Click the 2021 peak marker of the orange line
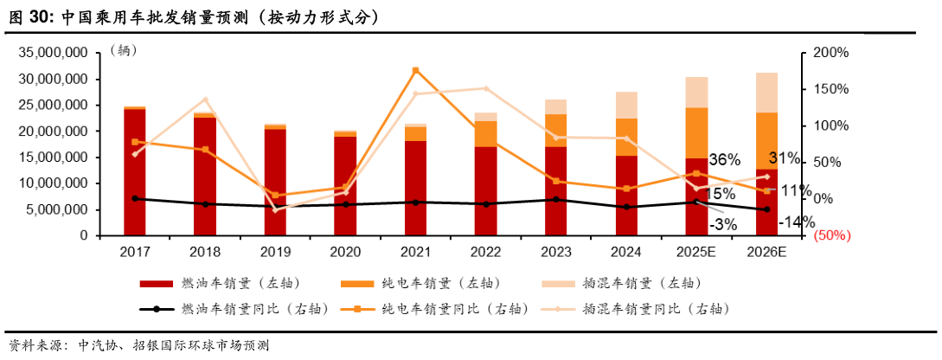click(x=415, y=70)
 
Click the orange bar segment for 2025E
click(x=696, y=132)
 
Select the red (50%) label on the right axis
click(x=833, y=235)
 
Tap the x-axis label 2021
click(x=415, y=252)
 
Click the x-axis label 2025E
click(x=695, y=252)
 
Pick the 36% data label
click(x=724, y=160)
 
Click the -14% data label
click(x=796, y=222)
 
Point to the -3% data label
click(x=723, y=224)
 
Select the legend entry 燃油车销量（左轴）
click(x=215, y=284)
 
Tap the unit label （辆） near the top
click(x=124, y=51)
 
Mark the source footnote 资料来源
click(x=138, y=345)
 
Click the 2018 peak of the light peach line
click(x=205, y=100)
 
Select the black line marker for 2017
click(x=134, y=198)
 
